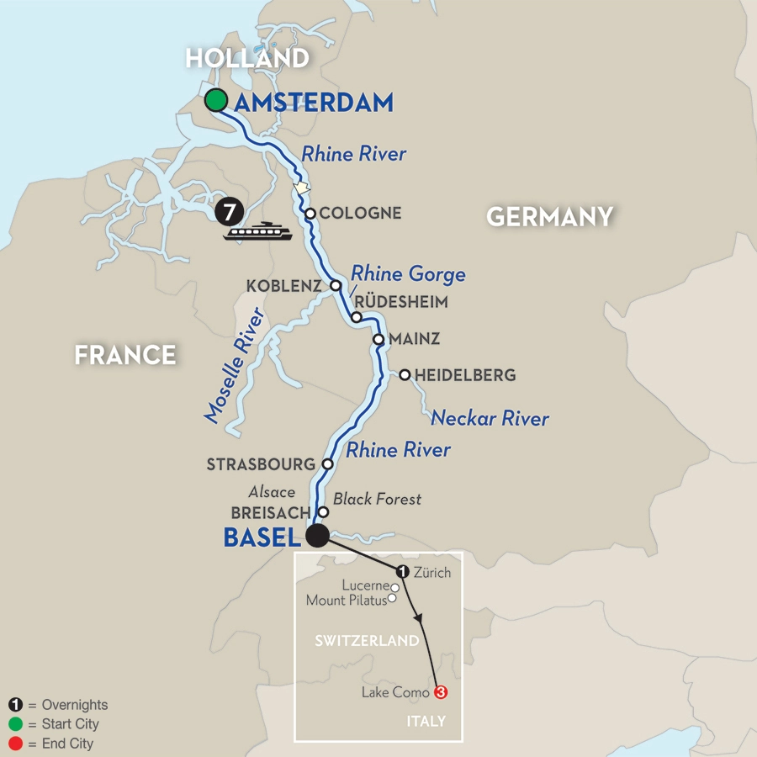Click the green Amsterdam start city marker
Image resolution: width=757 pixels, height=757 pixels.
pos(216,101)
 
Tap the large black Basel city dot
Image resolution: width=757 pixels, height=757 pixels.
pos(317,537)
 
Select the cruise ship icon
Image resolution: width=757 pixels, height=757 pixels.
pos(257,231)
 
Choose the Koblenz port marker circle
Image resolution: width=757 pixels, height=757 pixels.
pos(335,286)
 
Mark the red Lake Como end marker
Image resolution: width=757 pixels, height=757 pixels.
pos(437,693)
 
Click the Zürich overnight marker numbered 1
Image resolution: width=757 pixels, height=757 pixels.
pos(402,572)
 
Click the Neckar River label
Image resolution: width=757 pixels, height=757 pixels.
pos(490,418)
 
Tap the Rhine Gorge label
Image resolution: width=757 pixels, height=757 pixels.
pos(408,274)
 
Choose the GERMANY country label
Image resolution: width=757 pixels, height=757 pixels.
pos(549,216)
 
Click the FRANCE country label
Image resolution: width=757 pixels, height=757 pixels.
pos(125,355)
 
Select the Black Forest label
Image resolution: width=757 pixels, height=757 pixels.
pos(377,499)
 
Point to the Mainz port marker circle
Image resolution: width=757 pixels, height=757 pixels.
pos(378,341)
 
